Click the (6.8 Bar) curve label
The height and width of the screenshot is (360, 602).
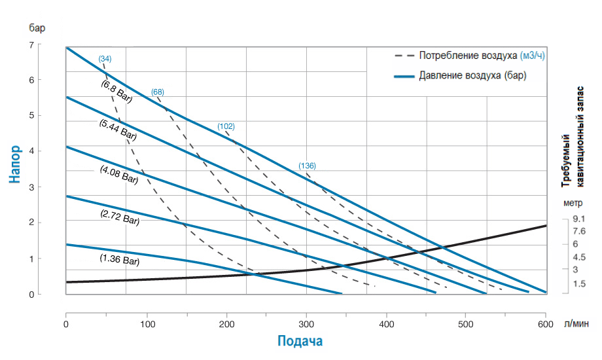coord(116,92)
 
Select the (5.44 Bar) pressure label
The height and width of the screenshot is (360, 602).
coord(118,130)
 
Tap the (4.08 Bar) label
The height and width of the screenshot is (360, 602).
coord(119,174)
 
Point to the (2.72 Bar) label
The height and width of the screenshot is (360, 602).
coord(120,218)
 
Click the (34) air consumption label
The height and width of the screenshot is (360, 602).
coord(105,59)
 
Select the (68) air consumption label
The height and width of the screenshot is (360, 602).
coord(157,92)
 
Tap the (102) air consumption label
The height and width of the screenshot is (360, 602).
coord(226,126)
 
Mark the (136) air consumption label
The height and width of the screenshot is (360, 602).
coord(307,166)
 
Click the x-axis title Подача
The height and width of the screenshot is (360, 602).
coord(300,341)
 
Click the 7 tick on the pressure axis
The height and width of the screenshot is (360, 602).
coord(31,45)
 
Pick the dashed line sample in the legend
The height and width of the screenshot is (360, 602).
coord(403,56)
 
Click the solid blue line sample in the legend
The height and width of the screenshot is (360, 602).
coord(403,76)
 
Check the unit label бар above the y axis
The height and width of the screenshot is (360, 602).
coord(37,27)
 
